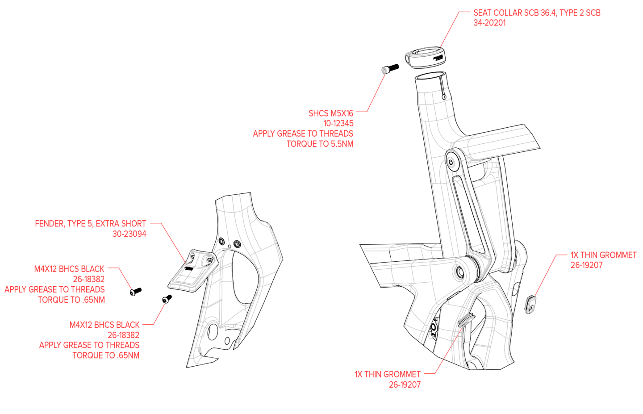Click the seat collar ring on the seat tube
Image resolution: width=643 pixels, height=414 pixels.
424,58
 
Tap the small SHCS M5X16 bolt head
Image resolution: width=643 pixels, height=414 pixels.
384,70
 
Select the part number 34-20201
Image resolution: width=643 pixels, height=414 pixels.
489,23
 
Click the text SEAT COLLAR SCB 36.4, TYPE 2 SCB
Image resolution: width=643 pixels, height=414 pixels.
537,13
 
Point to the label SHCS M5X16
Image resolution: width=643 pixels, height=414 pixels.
330,113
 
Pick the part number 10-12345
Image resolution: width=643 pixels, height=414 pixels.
338,123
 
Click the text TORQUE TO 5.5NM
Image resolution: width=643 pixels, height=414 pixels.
320,144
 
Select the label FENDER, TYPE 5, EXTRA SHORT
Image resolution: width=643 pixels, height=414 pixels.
91,224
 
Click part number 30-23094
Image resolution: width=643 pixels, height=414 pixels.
129,234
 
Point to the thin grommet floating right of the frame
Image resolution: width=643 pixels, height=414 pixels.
531,305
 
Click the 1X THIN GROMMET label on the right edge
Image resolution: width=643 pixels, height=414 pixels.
603,255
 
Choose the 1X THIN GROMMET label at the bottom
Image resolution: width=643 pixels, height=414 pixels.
388,374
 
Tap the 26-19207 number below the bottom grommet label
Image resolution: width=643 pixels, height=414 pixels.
405,385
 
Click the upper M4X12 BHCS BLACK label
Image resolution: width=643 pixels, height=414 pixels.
69,269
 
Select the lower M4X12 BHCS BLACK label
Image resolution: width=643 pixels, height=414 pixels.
104,325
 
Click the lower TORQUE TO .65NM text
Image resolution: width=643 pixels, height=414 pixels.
106,355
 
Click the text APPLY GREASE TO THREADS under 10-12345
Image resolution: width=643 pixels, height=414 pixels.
303,134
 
